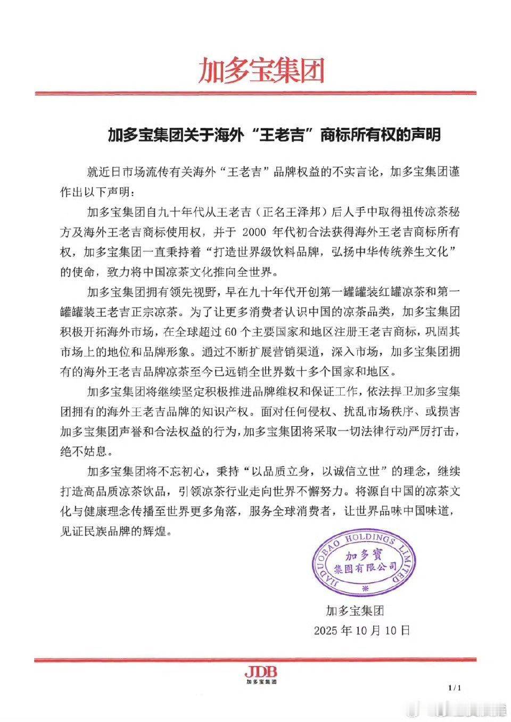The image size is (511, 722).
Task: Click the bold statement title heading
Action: tap(274, 135)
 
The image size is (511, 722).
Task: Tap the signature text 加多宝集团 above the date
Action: tap(355, 610)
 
